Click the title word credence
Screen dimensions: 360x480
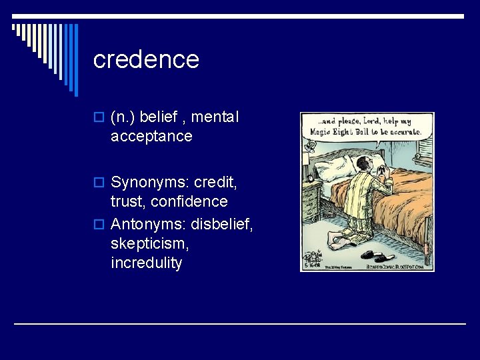pyautogui.click(x=146, y=60)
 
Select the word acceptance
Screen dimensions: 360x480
pyautogui.click(x=151, y=137)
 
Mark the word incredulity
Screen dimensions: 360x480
pyautogui.click(x=147, y=263)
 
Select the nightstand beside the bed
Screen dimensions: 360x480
pyautogui.click(x=312, y=199)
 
